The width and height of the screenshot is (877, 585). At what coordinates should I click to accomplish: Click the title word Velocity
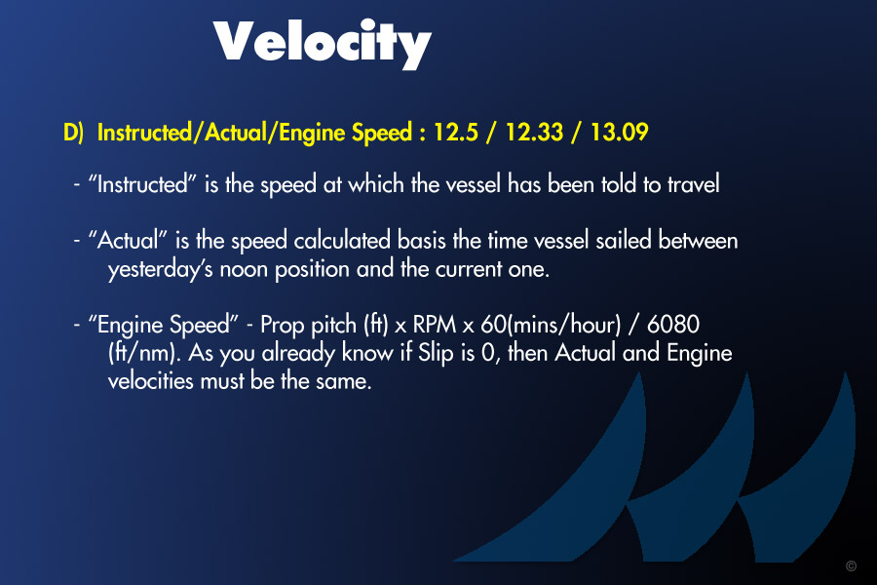click(x=323, y=44)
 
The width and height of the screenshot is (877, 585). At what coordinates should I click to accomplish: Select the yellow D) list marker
click(x=73, y=133)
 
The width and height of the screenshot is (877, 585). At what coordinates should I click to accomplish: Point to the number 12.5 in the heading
click(x=456, y=133)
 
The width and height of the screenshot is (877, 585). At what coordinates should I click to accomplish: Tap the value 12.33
click(x=534, y=133)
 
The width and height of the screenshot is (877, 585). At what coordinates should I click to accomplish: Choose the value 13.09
click(x=619, y=133)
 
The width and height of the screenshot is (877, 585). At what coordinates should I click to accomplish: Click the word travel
click(x=693, y=184)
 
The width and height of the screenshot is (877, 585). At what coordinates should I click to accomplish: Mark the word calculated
click(x=342, y=241)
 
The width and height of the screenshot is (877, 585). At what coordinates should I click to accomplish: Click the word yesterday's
click(x=160, y=270)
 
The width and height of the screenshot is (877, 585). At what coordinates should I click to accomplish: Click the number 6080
click(x=672, y=325)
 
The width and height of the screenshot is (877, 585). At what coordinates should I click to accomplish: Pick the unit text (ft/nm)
click(x=144, y=354)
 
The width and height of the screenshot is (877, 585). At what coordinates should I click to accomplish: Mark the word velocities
click(x=150, y=381)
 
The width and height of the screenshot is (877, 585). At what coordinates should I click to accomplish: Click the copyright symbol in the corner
click(x=851, y=565)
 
